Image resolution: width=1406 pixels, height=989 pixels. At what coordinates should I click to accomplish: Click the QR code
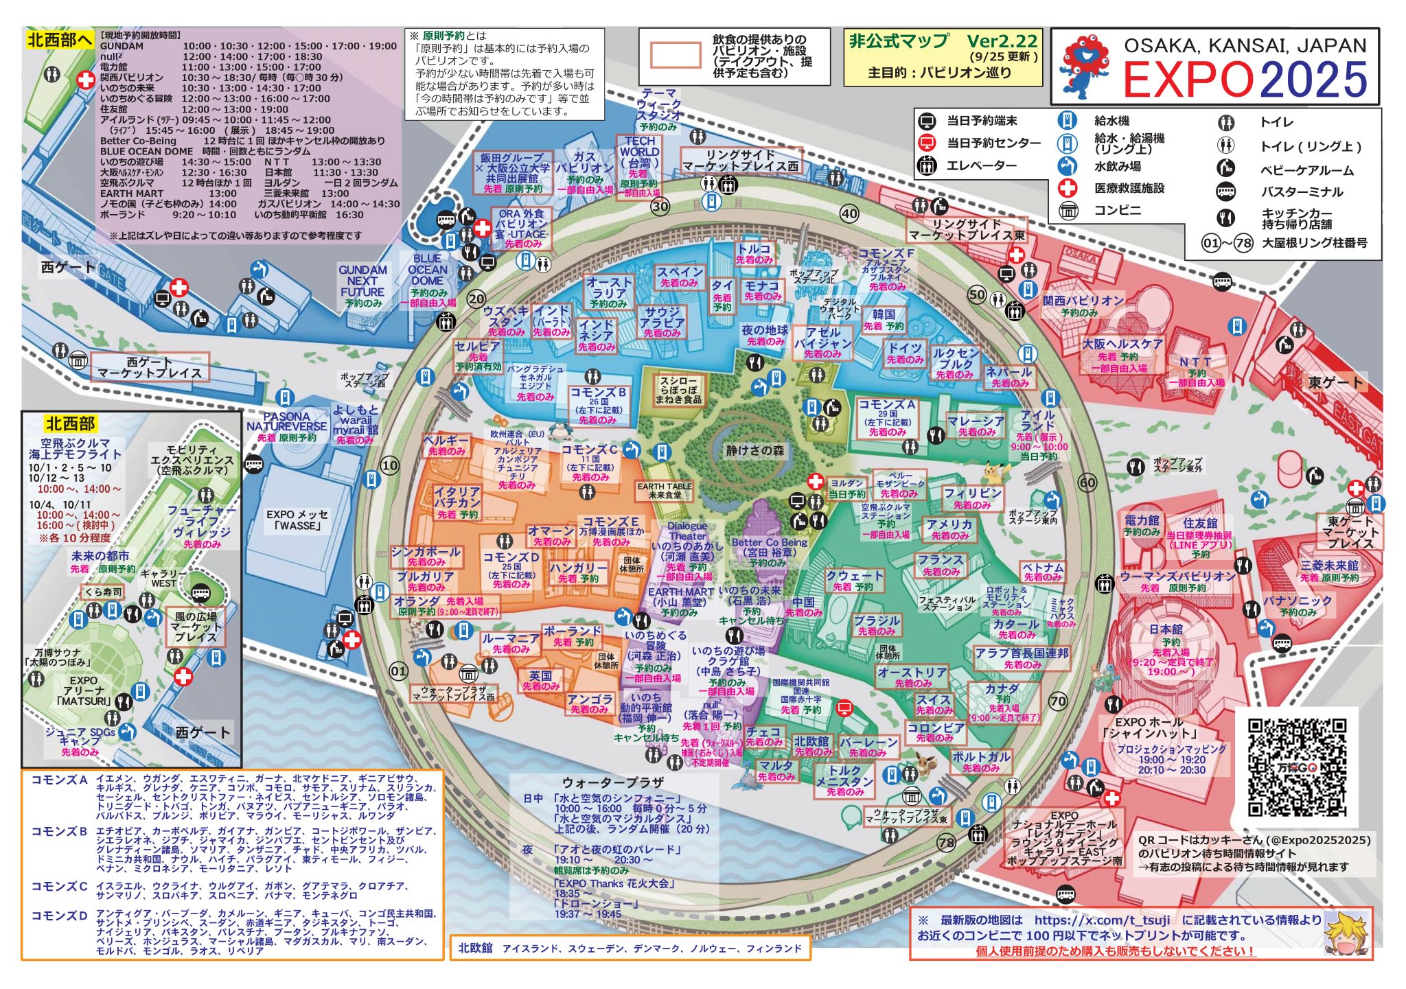click(x=1296, y=767)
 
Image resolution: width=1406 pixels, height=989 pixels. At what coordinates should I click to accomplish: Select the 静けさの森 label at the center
click(x=755, y=451)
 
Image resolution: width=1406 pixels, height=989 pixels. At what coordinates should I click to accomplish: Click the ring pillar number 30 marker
click(x=660, y=207)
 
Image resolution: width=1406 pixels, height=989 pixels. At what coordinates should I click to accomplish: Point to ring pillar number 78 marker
click(x=946, y=842)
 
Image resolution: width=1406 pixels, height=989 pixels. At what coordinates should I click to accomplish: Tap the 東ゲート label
click(x=1335, y=382)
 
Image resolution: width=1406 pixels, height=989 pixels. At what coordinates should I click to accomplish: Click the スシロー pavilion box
click(x=678, y=390)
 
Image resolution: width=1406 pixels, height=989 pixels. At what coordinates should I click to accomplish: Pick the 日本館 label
click(x=1166, y=629)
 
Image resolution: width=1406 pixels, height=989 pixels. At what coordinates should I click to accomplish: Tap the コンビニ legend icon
click(x=1069, y=211)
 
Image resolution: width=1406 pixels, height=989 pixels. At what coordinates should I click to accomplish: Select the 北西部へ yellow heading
click(x=60, y=40)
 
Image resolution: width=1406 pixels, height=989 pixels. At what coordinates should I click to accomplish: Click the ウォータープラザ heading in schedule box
click(x=612, y=782)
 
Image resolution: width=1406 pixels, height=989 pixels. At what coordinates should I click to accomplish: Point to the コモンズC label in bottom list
click(x=59, y=886)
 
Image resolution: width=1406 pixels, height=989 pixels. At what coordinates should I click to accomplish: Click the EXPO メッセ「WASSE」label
click(x=297, y=520)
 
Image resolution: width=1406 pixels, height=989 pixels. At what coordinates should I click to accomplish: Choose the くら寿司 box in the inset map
click(x=103, y=592)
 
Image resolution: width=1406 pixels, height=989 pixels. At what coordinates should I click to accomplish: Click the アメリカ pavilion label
click(x=949, y=528)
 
